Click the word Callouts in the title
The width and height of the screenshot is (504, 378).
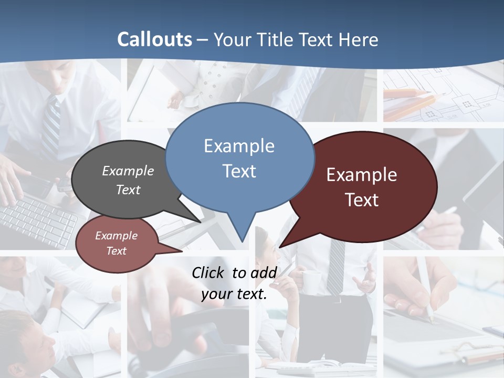(x=154, y=39)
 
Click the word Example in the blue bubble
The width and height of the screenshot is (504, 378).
(x=239, y=146)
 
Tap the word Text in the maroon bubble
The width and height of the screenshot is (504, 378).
(x=362, y=199)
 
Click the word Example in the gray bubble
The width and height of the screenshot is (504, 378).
(x=128, y=171)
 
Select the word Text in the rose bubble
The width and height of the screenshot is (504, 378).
(x=116, y=251)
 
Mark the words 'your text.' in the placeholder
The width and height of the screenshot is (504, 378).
(x=234, y=294)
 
